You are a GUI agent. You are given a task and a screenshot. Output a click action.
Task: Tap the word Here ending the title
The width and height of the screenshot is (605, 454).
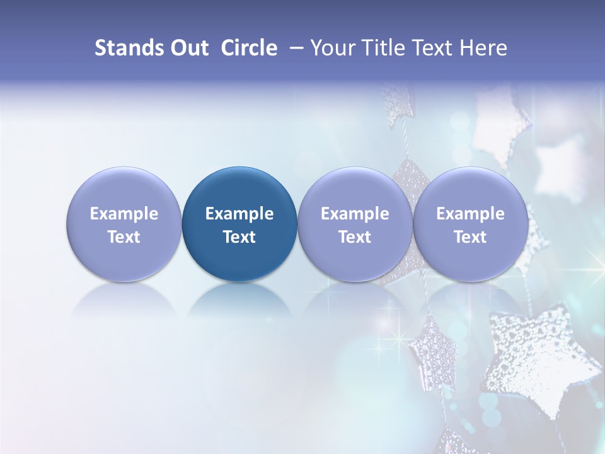click(485, 48)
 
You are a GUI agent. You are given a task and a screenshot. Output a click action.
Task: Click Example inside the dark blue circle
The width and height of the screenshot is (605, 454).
click(239, 214)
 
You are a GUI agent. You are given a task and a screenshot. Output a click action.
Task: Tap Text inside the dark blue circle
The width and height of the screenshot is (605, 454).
click(239, 237)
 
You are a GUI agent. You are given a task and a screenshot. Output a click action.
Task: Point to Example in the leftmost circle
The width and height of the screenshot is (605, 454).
click(124, 214)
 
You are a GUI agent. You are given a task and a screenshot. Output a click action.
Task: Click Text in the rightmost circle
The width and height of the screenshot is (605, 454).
click(470, 237)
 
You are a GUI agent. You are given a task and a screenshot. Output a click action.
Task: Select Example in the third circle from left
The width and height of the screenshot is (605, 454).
click(355, 214)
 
